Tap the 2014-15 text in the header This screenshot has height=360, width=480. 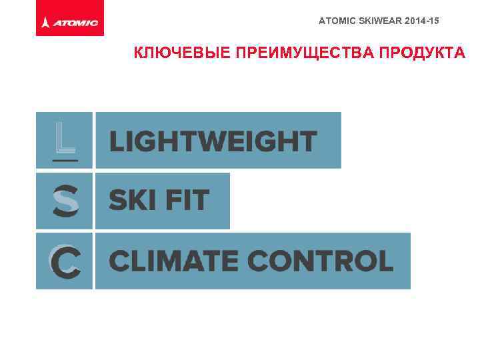pos(419,22)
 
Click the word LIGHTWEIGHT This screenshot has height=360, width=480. pos(213,141)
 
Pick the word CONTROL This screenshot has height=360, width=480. pos(322,261)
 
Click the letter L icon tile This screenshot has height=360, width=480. pos(65,140)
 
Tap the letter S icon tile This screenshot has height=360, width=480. pos(65,201)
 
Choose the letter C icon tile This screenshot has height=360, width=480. pos(65,261)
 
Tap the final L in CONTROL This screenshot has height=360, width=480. pos(385,261)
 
